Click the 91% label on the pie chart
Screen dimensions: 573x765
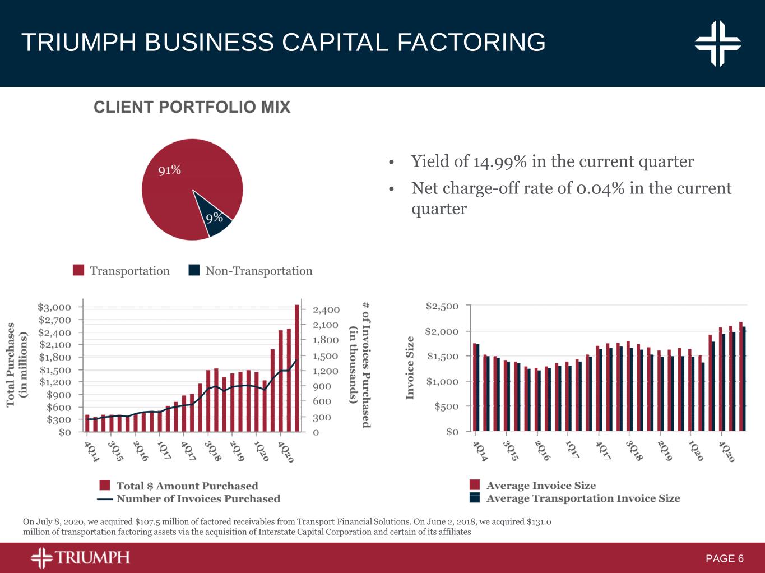pyautogui.click(x=169, y=170)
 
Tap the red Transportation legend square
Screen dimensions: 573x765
pyautogui.click(x=78, y=270)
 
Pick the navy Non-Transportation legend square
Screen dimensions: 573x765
pyautogui.click(x=194, y=270)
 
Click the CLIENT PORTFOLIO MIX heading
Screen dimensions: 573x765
pyautogui.click(x=192, y=107)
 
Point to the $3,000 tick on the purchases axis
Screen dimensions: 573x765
pyautogui.click(x=54, y=307)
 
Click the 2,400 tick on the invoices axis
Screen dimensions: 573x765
pyautogui.click(x=326, y=309)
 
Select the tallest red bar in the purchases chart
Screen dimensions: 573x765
pyautogui.click(x=296, y=368)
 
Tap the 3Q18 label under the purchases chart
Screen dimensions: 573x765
pyautogui.click(x=212, y=451)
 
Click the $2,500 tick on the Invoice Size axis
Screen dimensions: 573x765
pyautogui.click(x=442, y=306)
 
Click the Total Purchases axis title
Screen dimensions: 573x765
pyautogui.click(x=17, y=364)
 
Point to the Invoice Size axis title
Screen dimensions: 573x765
pyautogui.click(x=410, y=368)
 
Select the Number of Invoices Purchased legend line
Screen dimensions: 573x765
pyautogui.click(x=105, y=498)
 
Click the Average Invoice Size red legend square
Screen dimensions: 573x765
pyautogui.click(x=475, y=485)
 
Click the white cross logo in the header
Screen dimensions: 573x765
pyautogui.click(x=717, y=43)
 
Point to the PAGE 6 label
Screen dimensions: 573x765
pyautogui.click(x=725, y=558)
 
